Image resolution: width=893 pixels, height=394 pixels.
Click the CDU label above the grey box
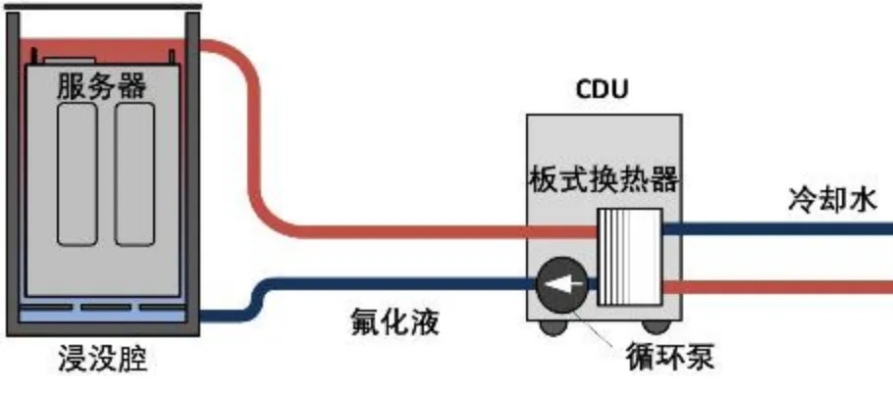601,91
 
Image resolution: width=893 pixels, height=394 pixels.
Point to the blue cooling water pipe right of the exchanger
775,229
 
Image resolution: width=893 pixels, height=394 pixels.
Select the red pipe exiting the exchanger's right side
775,286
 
